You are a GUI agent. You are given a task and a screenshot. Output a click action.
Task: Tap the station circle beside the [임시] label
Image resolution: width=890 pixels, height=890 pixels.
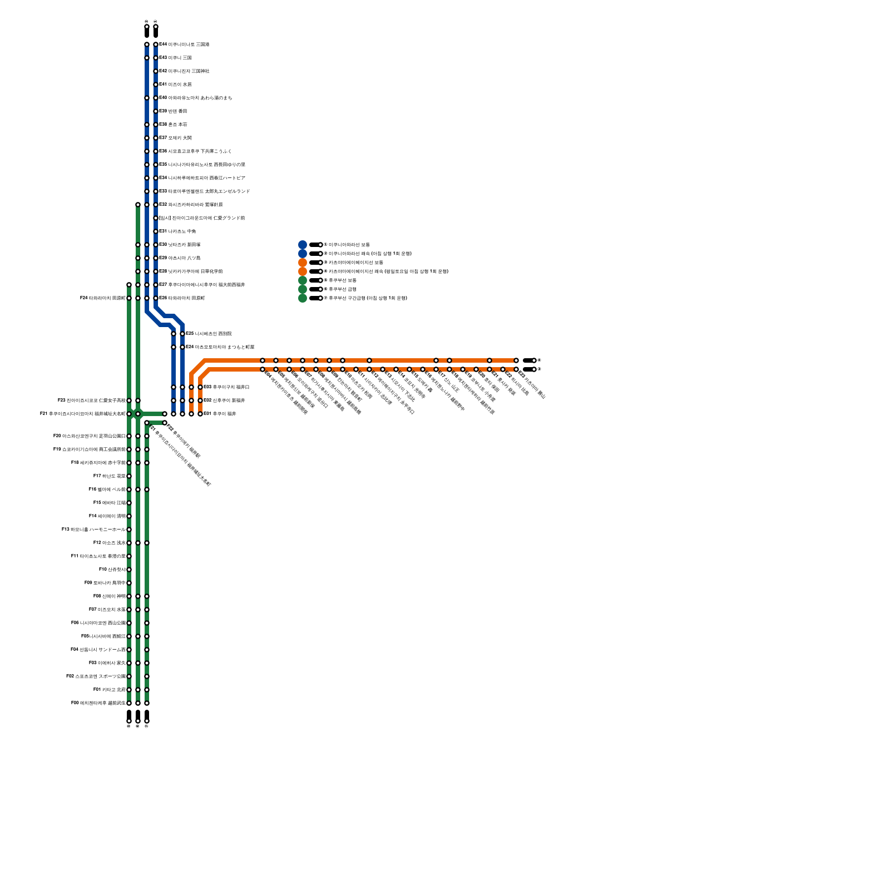tap(156, 218)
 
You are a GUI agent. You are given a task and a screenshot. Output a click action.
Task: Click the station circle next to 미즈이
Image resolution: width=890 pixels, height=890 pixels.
tap(156, 85)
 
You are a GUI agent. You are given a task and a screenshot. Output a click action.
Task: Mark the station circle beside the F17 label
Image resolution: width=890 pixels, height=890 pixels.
tap(129, 476)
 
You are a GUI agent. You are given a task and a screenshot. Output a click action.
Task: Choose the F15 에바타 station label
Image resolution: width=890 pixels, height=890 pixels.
tap(110, 503)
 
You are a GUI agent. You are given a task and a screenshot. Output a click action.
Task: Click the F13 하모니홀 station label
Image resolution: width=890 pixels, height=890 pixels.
tap(94, 530)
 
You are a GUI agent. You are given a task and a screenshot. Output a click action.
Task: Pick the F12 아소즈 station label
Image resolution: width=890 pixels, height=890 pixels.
tap(110, 543)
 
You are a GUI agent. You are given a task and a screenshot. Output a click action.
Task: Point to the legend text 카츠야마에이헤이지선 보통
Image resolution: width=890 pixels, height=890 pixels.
tap(355, 263)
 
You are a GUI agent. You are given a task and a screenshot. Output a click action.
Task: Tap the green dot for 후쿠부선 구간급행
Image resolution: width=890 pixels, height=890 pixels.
tap(303, 298)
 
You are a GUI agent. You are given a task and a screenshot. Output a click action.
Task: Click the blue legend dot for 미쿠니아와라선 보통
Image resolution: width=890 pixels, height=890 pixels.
tap(303, 245)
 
